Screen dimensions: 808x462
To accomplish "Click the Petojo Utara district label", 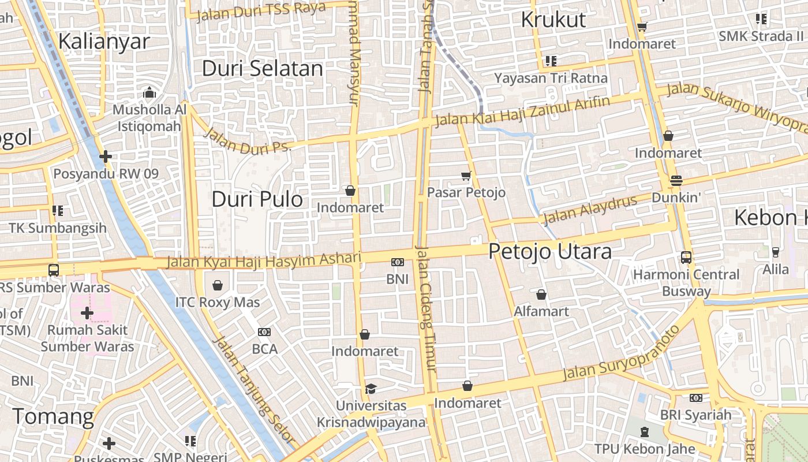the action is tap(550, 252).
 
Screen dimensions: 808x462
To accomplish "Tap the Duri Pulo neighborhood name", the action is tap(257, 199).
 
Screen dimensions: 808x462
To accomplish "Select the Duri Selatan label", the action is tap(262, 69).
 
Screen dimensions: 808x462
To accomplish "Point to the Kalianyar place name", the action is tap(104, 42).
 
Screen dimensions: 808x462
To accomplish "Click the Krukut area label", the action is tap(553, 20).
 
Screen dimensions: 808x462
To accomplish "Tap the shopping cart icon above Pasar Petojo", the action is tap(466, 176).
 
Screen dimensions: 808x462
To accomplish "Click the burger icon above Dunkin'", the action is tap(676, 181).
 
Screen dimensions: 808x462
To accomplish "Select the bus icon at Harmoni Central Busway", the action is tap(686, 257).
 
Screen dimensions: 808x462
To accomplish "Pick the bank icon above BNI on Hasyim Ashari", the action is tap(397, 263).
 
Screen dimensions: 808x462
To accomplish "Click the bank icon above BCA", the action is tap(264, 332).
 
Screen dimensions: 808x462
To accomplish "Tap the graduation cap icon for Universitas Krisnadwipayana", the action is tap(371, 389).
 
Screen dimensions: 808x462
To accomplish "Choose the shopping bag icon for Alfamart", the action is tap(541, 295).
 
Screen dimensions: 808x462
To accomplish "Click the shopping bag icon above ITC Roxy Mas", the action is tap(218, 285).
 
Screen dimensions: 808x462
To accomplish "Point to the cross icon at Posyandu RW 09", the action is tap(105, 157).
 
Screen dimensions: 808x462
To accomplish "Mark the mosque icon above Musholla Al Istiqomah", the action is tap(149, 92).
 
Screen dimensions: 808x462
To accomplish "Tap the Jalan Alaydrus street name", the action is tap(590, 210).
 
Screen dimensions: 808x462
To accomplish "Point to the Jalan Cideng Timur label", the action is tap(427, 309).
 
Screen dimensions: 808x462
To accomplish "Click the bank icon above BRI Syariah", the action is tap(695, 398).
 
